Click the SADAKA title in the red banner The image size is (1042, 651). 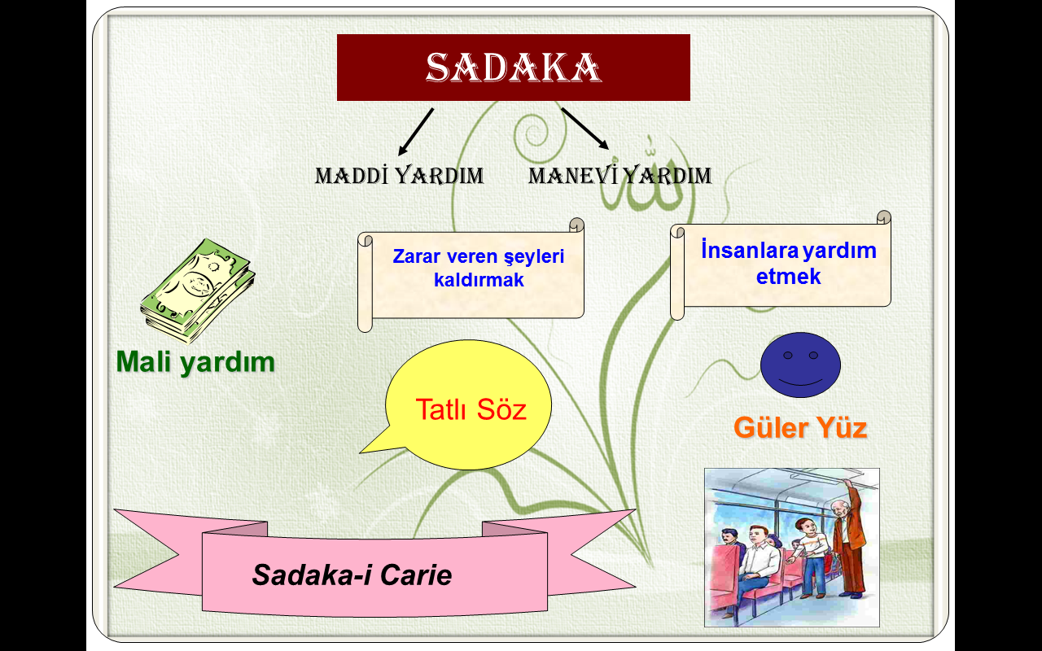(x=513, y=68)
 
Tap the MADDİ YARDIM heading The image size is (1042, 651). (x=400, y=175)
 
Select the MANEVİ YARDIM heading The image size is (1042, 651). (x=620, y=175)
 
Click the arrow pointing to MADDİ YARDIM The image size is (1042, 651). (x=416, y=132)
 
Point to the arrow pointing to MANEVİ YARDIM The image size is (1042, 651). (x=585, y=129)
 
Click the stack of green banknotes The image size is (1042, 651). (x=198, y=291)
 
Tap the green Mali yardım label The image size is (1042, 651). (x=195, y=362)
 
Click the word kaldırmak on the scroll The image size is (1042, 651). (x=479, y=280)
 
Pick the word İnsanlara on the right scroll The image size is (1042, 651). (x=749, y=250)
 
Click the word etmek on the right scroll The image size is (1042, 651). (x=788, y=276)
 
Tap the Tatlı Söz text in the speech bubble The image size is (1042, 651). (x=471, y=409)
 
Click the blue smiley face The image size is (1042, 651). (x=800, y=365)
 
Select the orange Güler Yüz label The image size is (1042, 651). (x=800, y=427)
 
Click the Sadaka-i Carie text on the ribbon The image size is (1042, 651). (x=352, y=575)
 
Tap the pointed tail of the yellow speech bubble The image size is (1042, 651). (x=361, y=452)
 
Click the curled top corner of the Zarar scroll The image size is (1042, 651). (x=577, y=225)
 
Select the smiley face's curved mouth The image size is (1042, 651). (x=800, y=383)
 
